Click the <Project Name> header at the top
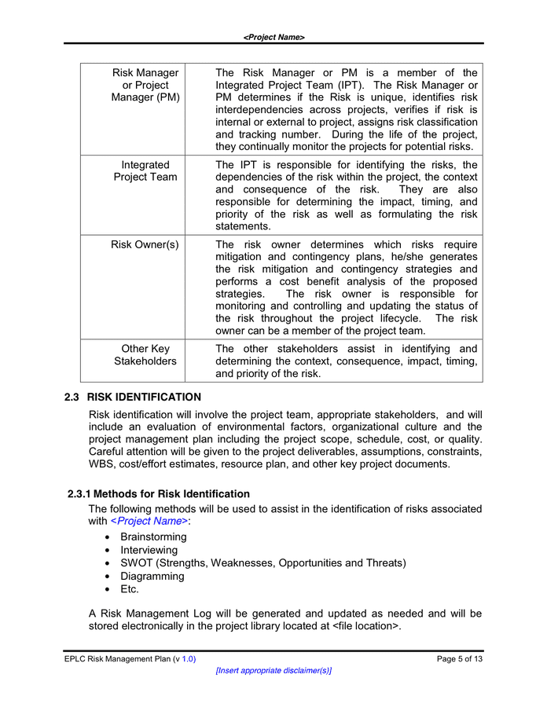[273, 37]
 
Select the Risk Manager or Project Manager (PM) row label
[145, 85]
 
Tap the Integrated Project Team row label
[145, 170]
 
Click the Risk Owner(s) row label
[145, 244]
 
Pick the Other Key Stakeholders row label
[145, 354]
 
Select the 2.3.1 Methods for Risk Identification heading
[159, 494]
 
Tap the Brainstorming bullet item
[153, 537]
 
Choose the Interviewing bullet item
[149, 550]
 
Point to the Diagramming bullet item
[152, 576]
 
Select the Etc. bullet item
[130, 588]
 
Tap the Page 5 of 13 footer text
[460, 659]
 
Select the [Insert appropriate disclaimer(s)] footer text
[273, 671]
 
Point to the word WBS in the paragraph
[102, 463]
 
